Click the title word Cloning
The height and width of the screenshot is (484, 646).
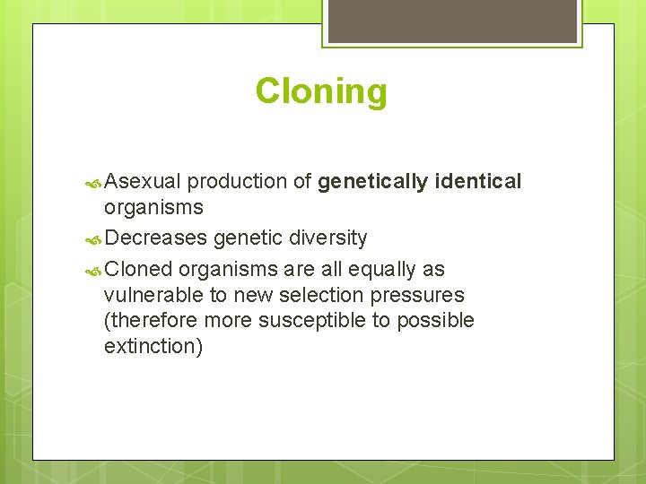321,91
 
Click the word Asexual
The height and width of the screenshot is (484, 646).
144,182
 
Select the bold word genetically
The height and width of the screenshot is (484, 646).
372,182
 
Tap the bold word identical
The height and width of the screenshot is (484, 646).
477,182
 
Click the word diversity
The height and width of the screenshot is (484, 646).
328,238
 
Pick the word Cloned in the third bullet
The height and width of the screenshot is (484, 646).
138,270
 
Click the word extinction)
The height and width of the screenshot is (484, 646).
153,346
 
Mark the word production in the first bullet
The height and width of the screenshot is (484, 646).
237,182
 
